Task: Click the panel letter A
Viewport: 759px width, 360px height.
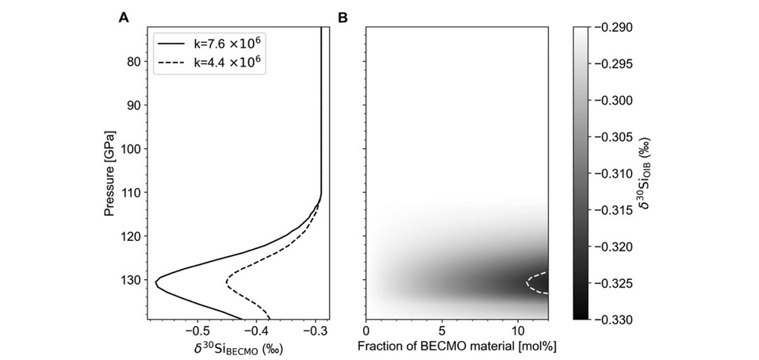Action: click(x=123, y=17)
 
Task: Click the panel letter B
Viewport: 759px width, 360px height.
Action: click(x=343, y=17)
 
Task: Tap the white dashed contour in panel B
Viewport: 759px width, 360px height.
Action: click(x=528, y=282)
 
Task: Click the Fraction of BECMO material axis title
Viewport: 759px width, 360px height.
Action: click(x=455, y=347)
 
